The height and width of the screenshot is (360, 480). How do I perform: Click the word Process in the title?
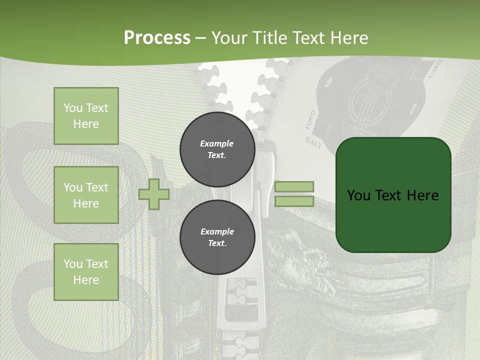[157, 37]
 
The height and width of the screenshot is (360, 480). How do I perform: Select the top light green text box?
[86, 116]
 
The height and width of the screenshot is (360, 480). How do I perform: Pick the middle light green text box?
[86, 195]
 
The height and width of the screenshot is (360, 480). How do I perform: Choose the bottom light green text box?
[86, 271]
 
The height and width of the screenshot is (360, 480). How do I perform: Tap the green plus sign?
[154, 194]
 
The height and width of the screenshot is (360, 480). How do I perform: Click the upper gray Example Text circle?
[217, 149]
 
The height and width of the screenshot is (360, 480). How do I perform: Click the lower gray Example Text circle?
[217, 237]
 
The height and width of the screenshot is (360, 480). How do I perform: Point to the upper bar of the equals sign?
[294, 186]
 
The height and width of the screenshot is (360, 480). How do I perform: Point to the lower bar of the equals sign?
[294, 201]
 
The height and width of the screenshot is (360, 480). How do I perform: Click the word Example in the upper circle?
[217, 143]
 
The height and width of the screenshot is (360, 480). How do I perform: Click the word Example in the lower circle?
[217, 231]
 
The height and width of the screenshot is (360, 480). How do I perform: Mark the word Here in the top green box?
[86, 124]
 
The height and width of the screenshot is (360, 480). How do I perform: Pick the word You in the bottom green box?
[73, 263]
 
